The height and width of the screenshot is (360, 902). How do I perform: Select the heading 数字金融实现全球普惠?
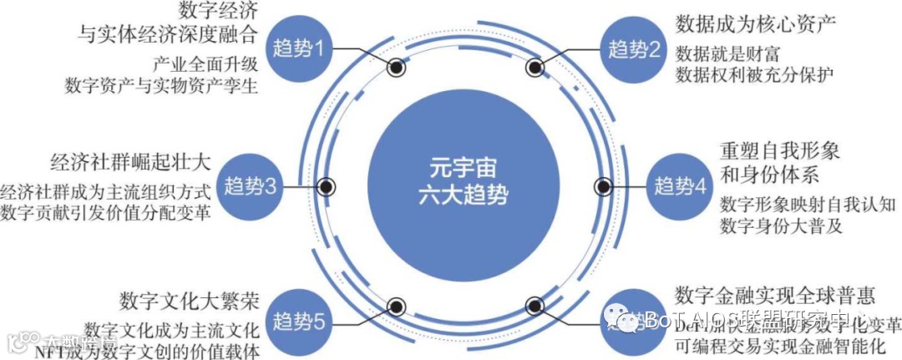[774, 294]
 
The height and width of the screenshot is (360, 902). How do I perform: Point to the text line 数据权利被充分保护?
[754, 74]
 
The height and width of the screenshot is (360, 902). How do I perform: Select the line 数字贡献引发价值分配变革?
[106, 210]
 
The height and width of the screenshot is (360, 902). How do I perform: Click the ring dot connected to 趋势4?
[601, 185]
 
